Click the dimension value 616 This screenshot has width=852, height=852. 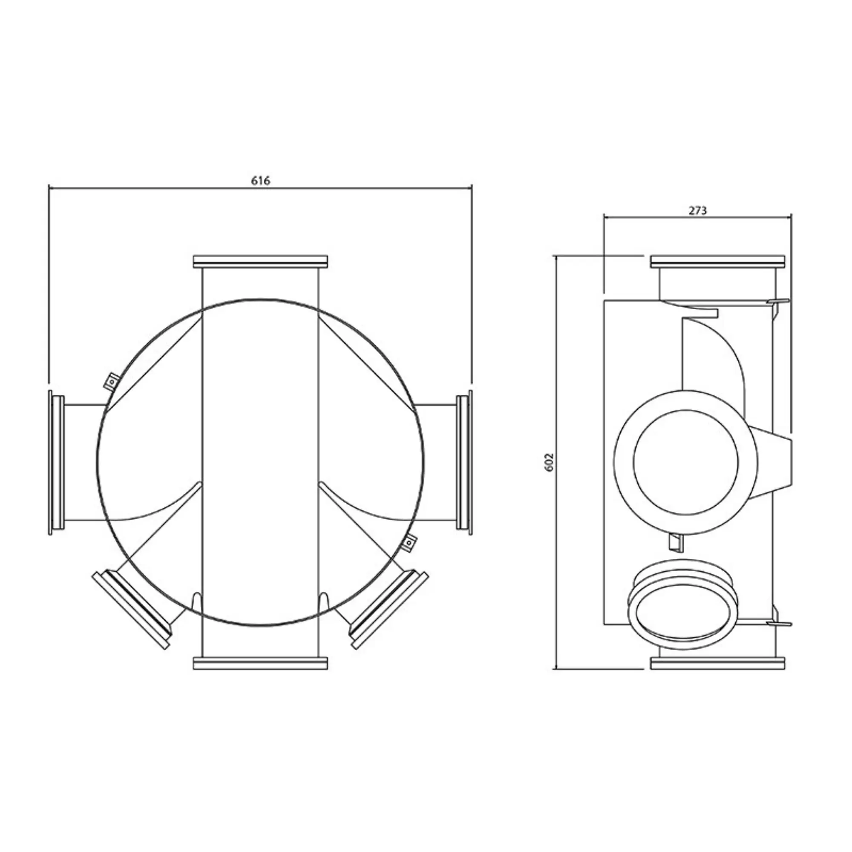pos(260,180)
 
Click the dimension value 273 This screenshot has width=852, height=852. pos(698,211)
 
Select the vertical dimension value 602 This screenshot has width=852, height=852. pos(549,462)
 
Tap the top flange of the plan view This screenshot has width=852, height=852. pos(260,262)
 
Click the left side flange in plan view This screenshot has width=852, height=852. pos(56,462)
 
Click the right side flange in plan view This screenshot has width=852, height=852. pos(464,462)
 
